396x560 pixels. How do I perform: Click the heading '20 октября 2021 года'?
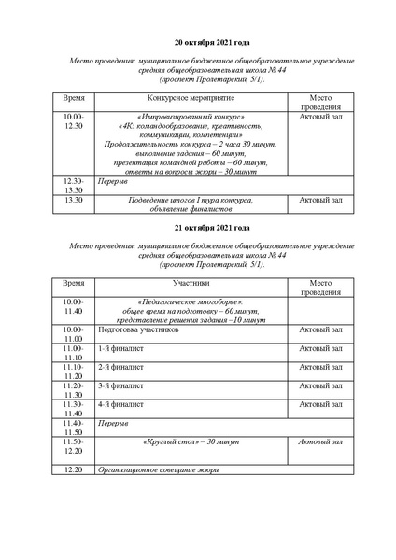tap(212, 42)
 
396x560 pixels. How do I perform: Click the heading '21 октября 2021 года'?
tap(212, 227)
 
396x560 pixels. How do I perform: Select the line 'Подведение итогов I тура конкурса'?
tap(191, 200)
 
